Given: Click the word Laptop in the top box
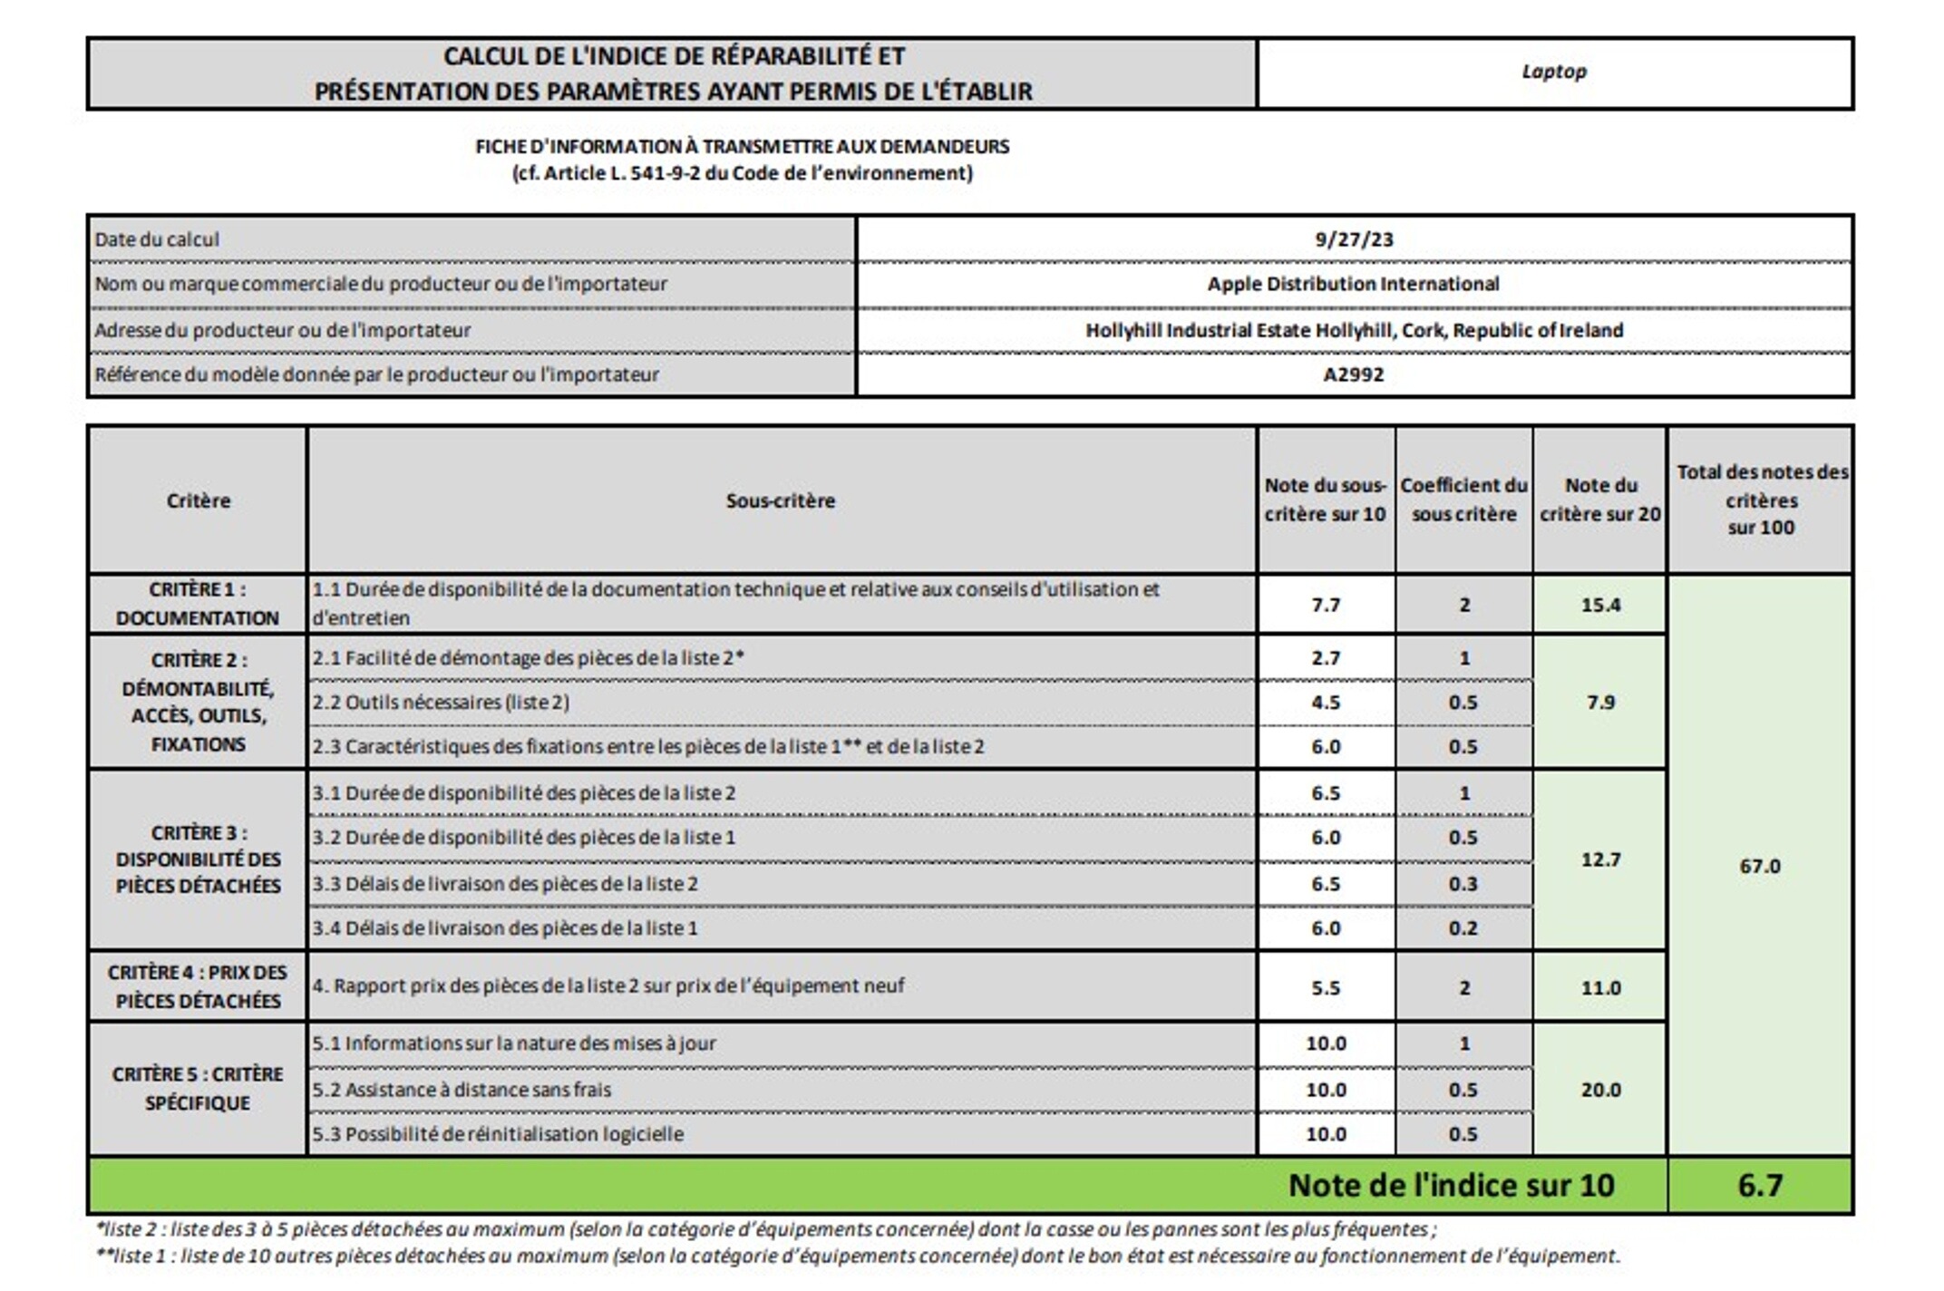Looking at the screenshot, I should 1553,72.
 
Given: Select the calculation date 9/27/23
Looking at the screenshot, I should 1354,239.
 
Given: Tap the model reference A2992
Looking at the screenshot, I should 1353,374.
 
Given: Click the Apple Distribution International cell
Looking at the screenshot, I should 1353,284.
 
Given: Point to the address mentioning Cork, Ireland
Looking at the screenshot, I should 1354,330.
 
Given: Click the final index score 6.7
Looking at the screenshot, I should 1759,1185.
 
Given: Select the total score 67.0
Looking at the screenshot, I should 1759,866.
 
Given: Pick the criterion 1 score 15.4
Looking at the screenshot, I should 1600,605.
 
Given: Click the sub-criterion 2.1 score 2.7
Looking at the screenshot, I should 1325,658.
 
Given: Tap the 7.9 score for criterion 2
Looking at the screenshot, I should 1600,702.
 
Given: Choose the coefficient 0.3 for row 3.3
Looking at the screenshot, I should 1463,884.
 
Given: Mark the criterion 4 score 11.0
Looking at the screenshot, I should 1600,987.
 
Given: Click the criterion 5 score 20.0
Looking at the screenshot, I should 1600,1090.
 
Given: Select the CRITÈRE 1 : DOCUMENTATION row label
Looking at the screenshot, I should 198,604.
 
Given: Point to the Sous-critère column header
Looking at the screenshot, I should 780,500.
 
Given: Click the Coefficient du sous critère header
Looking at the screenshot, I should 1463,500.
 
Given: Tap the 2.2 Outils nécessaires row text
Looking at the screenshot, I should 441,703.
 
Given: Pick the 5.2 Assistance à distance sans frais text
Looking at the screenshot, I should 462,1090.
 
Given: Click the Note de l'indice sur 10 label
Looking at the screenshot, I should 1451,1185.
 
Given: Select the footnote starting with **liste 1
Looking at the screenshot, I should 857,1257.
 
